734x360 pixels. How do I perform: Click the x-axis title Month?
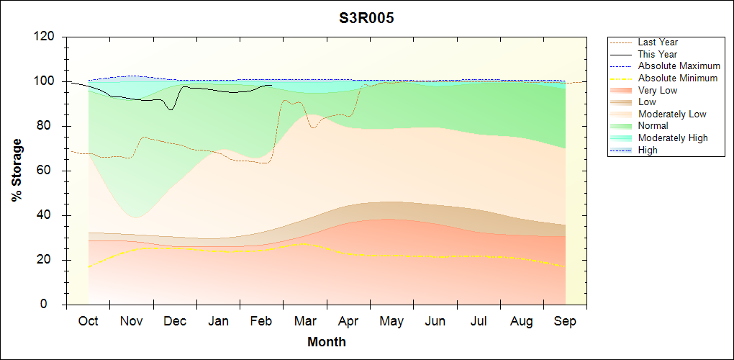coord(326,342)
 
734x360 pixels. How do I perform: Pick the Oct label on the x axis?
coord(88,322)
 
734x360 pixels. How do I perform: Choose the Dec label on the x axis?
coord(175,322)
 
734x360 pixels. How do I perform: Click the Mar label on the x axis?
coord(305,322)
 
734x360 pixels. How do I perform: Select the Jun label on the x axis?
coord(435,322)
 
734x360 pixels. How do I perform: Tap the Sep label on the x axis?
coord(565,322)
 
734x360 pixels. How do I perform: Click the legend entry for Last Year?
coord(658,42)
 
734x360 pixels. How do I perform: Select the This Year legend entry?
coord(658,54)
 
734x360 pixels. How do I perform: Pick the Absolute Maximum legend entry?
coord(679,66)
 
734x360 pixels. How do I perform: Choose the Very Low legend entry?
coord(658,90)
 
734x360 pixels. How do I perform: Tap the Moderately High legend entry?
coord(673,138)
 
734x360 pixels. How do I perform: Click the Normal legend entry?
coord(653,126)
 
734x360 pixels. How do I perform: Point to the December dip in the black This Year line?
coord(171,109)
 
